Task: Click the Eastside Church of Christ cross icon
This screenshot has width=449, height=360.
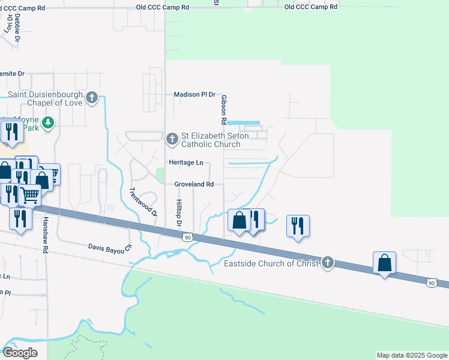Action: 327,263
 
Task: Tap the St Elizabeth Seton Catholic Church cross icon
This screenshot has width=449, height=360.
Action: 172,139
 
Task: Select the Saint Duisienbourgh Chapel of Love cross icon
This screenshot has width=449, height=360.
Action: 91,97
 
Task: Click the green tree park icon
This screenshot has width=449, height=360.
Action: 49,122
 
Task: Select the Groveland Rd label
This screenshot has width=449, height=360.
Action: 194,184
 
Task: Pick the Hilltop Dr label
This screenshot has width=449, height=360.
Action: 178,214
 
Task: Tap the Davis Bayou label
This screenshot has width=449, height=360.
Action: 109,247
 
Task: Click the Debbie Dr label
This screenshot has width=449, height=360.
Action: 17,28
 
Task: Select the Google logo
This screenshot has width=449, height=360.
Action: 20,352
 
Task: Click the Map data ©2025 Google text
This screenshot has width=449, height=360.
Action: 411,355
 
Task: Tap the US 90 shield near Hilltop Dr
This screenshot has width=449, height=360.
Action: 188,238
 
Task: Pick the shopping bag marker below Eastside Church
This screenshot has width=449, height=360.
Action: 384,263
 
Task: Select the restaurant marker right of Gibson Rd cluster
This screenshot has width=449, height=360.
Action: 298,226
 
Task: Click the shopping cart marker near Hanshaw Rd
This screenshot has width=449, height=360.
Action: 29,194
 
